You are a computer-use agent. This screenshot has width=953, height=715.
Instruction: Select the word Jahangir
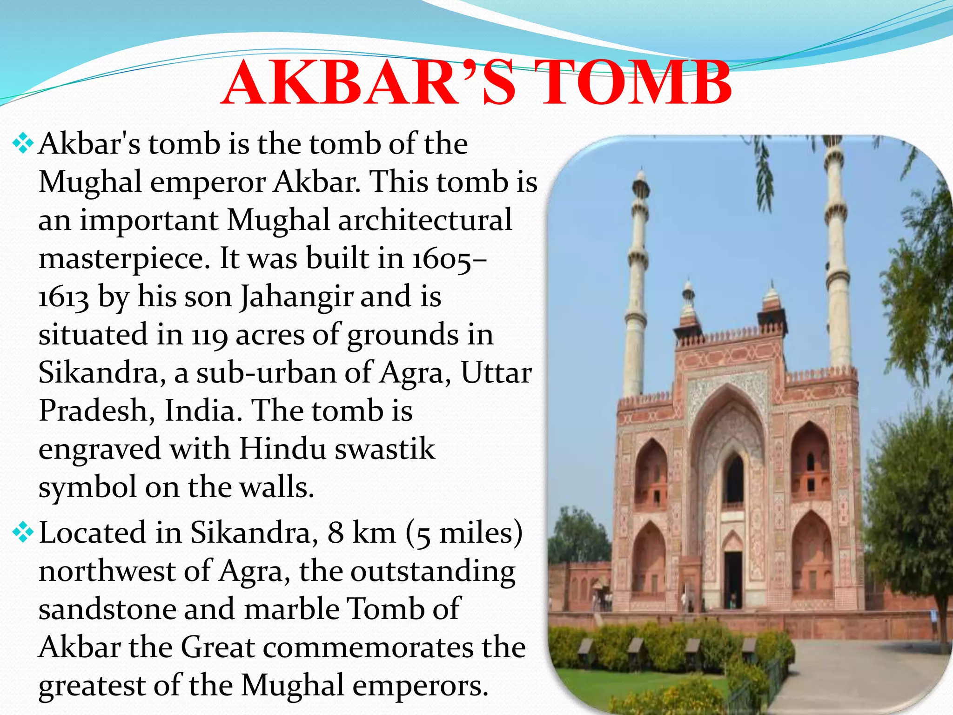pos(296,298)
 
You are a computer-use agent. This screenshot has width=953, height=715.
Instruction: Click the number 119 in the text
pos(209,335)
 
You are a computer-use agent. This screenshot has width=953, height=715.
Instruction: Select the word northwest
pos(107,571)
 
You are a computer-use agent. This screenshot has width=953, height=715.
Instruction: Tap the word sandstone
pos(107,609)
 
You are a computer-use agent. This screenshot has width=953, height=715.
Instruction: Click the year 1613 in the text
pos(63,298)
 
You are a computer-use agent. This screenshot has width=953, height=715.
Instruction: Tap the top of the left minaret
pos(641,179)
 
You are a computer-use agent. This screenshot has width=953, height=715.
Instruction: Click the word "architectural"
pos(424,220)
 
